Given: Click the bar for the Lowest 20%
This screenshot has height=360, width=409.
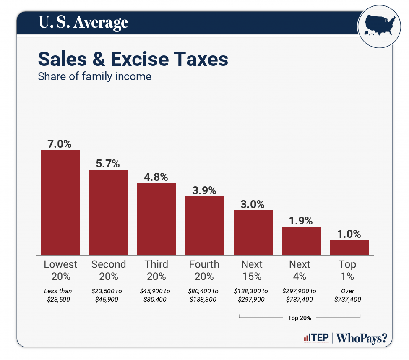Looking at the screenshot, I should click(60, 202).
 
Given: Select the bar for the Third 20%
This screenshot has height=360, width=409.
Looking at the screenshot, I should click(156, 219).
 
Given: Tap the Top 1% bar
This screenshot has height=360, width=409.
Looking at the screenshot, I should click(349, 247).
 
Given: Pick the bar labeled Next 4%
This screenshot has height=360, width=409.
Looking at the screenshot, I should click(301, 240).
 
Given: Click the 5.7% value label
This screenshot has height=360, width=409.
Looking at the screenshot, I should click(108, 163).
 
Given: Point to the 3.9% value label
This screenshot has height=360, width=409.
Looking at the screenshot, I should click(204, 190).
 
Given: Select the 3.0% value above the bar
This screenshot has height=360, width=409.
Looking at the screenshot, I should click(253, 204).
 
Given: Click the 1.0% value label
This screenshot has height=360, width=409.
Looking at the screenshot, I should click(349, 234).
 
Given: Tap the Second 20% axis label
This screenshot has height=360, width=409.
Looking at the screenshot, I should click(108, 270).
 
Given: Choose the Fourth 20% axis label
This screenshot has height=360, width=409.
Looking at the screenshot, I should click(204, 270).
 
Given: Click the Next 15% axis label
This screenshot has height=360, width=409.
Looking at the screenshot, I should click(252, 270).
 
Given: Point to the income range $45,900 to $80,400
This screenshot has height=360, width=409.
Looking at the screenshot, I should click(156, 295).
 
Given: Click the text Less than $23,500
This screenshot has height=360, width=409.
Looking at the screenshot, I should click(60, 295).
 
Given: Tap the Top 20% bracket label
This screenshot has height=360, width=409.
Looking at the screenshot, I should click(300, 318).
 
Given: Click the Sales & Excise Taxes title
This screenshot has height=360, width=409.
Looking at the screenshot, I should click(133, 59).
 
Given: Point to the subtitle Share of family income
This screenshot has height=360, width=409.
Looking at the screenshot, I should click(94, 77).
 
